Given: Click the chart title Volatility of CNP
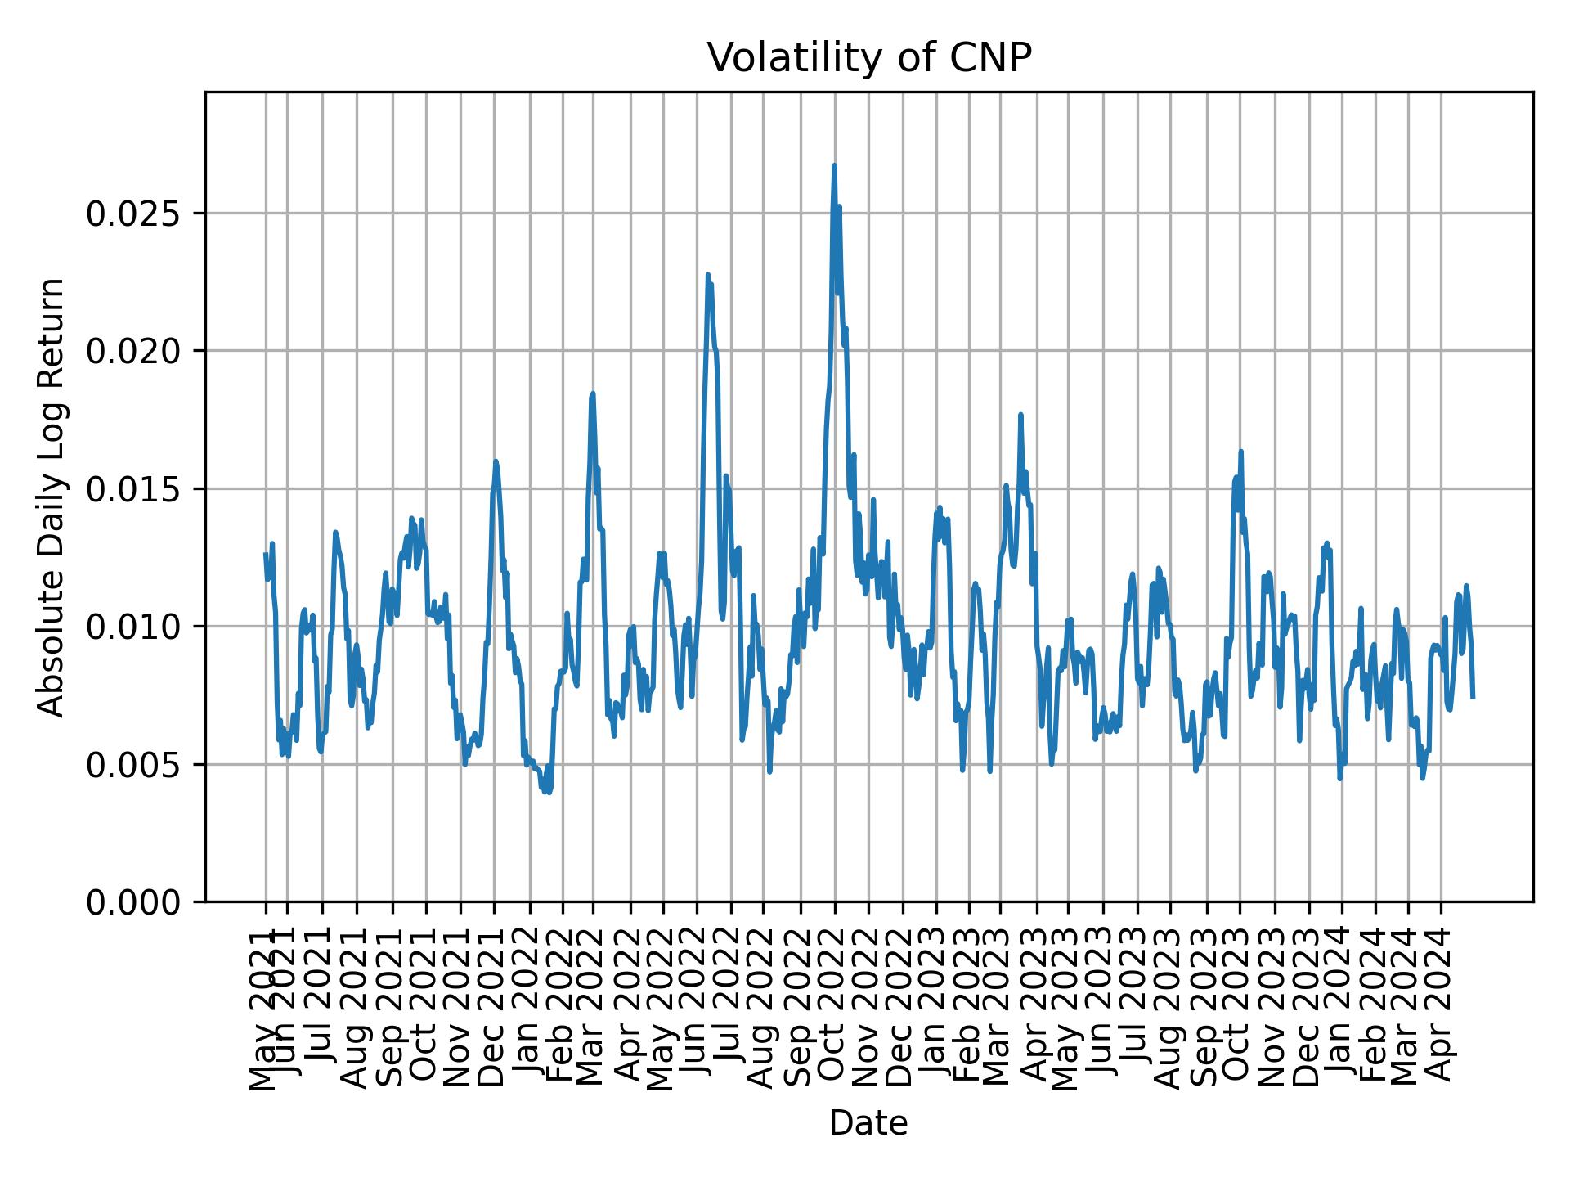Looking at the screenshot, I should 868,59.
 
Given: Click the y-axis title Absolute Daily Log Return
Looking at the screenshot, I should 52,497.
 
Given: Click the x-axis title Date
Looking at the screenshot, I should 868,1123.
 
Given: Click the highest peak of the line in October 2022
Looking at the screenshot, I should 834,166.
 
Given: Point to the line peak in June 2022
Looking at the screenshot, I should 708,276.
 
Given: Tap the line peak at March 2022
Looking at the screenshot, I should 593,394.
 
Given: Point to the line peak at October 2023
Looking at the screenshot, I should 1240,452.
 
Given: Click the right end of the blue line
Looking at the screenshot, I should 1473,697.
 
